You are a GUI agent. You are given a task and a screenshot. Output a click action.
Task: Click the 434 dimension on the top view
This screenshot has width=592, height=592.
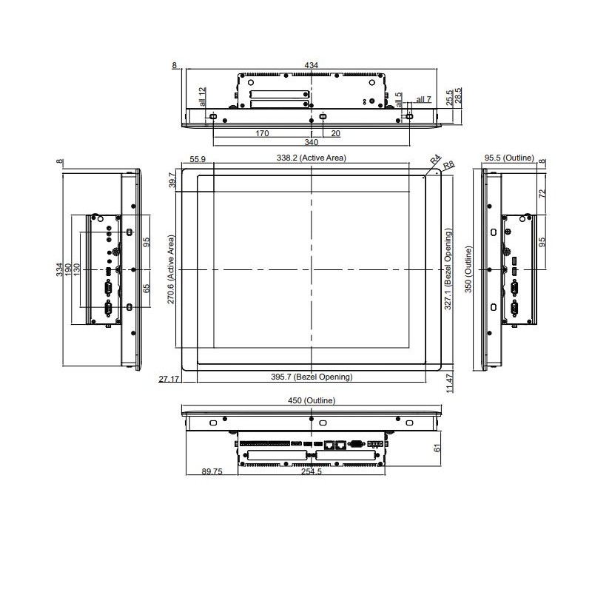(x=312, y=66)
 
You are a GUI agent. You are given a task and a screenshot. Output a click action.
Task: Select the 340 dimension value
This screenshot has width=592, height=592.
(x=312, y=142)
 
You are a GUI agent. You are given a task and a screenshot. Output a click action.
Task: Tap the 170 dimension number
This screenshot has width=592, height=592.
(x=262, y=134)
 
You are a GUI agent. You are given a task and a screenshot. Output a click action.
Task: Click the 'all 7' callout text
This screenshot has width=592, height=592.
(x=423, y=99)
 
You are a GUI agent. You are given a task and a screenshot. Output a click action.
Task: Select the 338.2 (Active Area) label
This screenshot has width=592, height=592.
(x=312, y=158)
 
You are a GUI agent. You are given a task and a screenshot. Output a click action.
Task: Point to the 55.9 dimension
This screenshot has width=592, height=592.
(x=198, y=160)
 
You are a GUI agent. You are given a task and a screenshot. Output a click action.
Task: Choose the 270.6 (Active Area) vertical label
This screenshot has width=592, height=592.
(x=171, y=269)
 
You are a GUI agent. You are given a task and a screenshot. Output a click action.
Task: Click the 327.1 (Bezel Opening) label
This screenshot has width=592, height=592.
(x=448, y=269)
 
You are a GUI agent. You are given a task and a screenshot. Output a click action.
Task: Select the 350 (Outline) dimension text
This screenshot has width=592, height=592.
(x=467, y=269)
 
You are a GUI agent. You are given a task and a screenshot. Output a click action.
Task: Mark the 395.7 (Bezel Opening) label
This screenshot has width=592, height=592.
(x=312, y=377)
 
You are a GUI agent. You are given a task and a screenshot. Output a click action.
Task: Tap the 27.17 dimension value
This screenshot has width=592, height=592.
(x=169, y=378)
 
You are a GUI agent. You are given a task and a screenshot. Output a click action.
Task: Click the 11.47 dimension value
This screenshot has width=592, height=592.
(x=450, y=383)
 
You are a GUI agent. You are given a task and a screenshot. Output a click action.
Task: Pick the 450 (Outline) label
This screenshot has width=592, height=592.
(x=312, y=400)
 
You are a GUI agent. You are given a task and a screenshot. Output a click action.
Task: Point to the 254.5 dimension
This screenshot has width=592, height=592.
(x=312, y=472)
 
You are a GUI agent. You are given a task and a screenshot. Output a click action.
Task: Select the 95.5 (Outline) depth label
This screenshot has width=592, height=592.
(x=509, y=158)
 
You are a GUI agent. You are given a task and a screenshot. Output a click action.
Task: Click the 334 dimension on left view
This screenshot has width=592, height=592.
(x=60, y=269)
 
